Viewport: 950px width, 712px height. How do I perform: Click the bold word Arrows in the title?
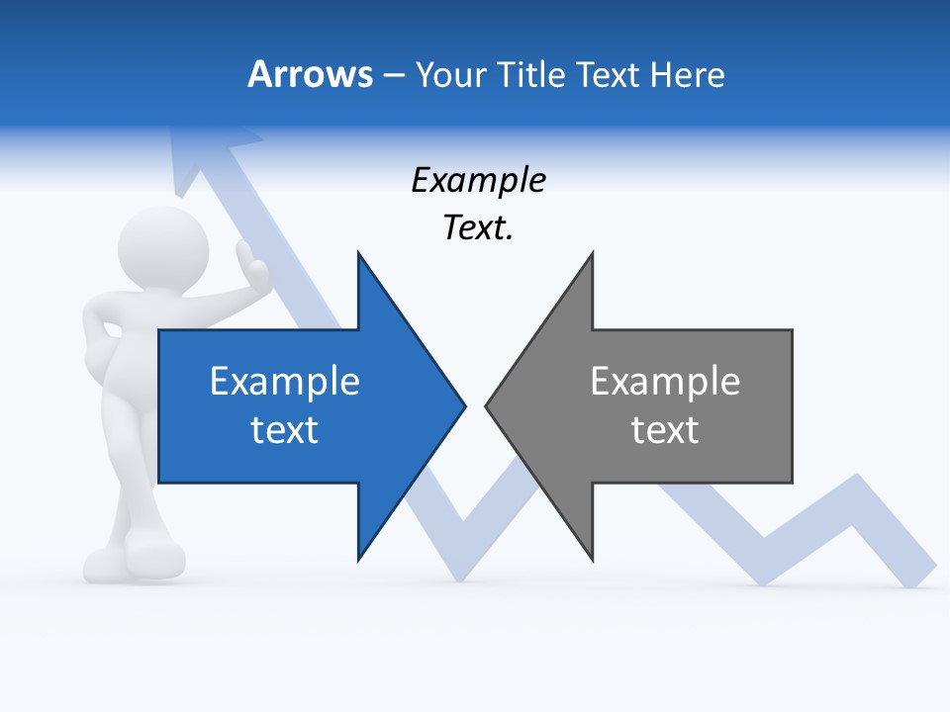point(310,74)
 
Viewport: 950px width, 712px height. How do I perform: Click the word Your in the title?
point(447,75)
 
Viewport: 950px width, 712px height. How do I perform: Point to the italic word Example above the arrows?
point(478,181)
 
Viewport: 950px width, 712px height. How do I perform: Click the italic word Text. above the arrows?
point(478,228)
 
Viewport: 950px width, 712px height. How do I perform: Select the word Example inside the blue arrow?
point(285,382)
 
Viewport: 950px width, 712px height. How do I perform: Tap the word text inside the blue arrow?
point(285,430)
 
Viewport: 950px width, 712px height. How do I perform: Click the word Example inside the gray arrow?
point(665,382)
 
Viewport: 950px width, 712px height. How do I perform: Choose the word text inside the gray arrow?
point(665,430)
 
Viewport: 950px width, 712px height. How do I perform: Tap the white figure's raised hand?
point(256,267)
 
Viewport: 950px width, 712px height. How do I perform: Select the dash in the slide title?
point(393,75)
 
